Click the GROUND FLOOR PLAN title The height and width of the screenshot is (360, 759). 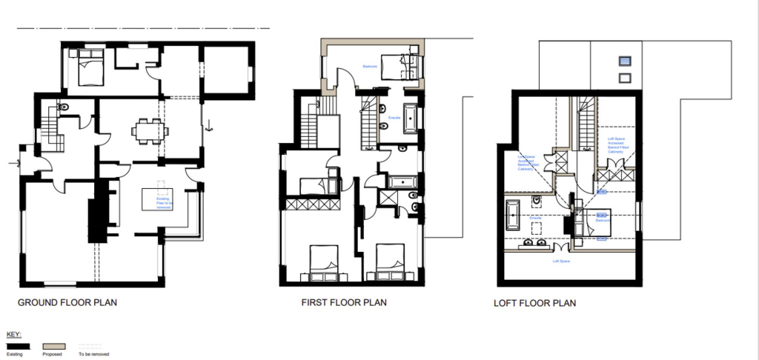[67, 302]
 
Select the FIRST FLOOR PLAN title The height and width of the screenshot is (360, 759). [343, 302]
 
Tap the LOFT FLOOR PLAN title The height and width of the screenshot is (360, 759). [534, 304]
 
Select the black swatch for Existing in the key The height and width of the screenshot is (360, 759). [18, 346]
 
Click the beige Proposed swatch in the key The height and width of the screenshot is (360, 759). [55, 346]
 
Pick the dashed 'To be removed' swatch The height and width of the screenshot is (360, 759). [89, 346]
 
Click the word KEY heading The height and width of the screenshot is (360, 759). [13, 335]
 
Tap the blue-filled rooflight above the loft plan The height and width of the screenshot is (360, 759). [625, 61]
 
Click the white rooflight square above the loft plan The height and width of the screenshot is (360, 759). [625, 77]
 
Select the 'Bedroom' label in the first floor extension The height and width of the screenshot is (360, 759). [371, 67]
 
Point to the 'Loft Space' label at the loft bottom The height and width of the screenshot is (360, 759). [561, 261]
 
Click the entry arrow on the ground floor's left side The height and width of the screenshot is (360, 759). [15, 161]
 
